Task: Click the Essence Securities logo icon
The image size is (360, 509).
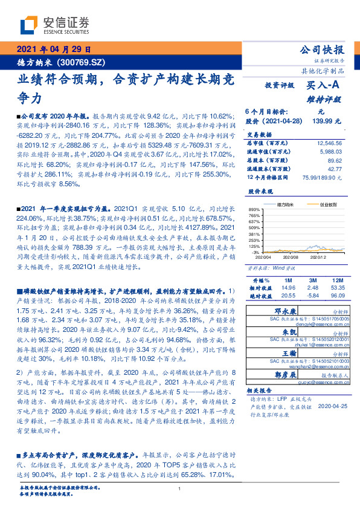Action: [29, 24]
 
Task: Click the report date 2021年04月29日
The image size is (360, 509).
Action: [54, 50]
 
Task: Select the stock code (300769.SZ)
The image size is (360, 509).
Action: [82, 62]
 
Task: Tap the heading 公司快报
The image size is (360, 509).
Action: [326, 50]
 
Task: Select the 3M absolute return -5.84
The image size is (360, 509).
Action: [312, 295]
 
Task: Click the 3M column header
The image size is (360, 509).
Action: [313, 281]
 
